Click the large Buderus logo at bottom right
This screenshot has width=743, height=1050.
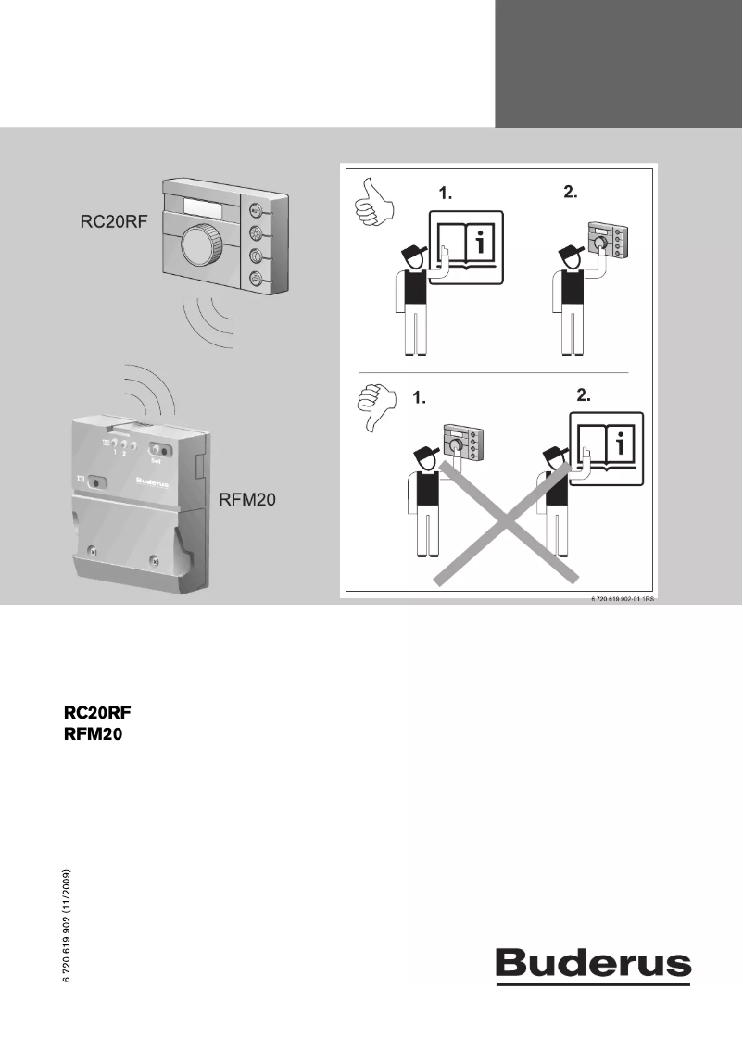[593, 965]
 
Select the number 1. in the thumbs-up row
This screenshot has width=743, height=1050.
[447, 194]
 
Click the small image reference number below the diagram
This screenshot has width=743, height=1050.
[622, 601]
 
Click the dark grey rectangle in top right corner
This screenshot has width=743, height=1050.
[618, 63]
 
